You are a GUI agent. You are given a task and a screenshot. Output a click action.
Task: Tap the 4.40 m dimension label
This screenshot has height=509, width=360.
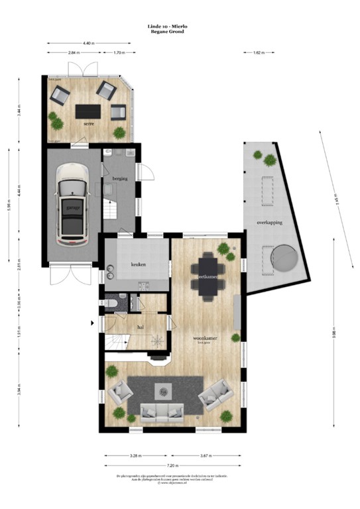click(89, 43)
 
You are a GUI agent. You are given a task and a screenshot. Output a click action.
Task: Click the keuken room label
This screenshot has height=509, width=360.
click(138, 264)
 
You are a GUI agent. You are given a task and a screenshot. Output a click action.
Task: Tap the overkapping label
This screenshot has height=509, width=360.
click(270, 223)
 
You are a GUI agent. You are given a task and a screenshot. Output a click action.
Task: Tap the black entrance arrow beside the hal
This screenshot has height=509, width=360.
click(92, 323)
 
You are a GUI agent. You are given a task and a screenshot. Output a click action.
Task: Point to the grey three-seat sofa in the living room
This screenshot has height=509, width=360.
click(160, 412)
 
